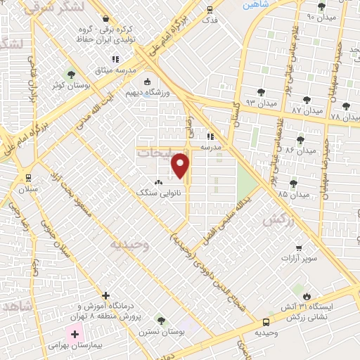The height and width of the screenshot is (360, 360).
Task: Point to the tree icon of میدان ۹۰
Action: coord(322,6)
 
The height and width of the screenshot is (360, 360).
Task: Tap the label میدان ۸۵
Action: coord(293,194)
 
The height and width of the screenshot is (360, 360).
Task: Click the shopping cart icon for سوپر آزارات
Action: coord(299,247)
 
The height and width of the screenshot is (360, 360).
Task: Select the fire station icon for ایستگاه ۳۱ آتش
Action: coord(307,296)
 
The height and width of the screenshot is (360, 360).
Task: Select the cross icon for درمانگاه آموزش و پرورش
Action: coord(105,295)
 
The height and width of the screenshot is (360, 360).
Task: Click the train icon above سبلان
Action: coord(29,177)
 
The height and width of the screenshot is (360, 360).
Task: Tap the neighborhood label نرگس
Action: coord(276,220)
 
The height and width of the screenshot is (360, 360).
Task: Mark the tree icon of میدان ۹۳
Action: coord(262,91)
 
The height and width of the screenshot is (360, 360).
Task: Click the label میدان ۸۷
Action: coord(307,111)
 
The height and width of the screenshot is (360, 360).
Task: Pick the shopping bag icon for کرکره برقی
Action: coord(105,18)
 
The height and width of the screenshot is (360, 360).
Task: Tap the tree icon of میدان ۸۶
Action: coord(301,140)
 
